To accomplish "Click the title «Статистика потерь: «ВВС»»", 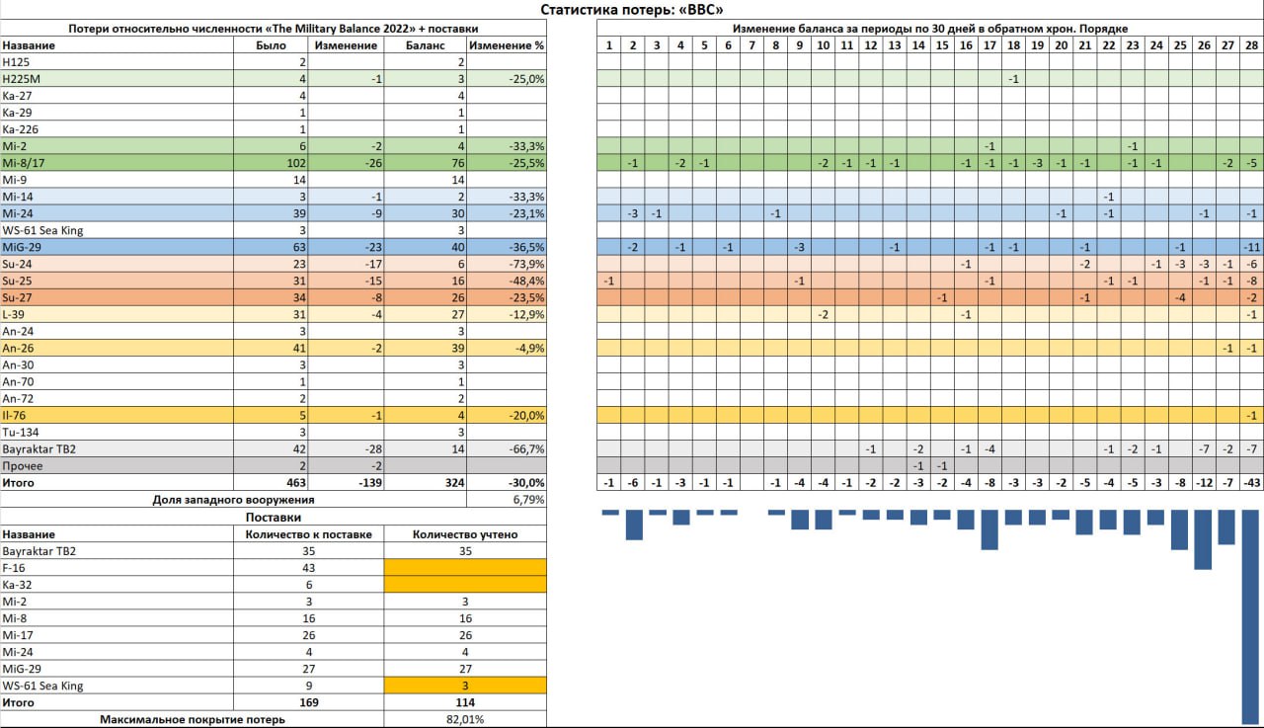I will click(x=632, y=10).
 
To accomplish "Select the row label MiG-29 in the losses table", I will click(x=20, y=247).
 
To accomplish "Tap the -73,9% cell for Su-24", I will click(x=524, y=264).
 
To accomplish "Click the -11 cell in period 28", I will click(x=1251, y=247).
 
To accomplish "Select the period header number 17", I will click(x=988, y=45).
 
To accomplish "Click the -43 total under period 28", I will click(x=1251, y=482).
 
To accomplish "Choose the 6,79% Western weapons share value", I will click(x=528, y=499).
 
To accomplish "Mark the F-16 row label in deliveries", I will click(x=14, y=568).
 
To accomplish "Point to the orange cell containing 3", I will click(x=464, y=686).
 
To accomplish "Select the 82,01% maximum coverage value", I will click(x=464, y=719).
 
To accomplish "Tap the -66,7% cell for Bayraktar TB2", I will click(x=524, y=448).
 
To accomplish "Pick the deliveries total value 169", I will click(x=308, y=702).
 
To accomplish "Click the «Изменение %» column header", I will click(x=507, y=45).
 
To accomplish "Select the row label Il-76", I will click(x=14, y=415).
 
